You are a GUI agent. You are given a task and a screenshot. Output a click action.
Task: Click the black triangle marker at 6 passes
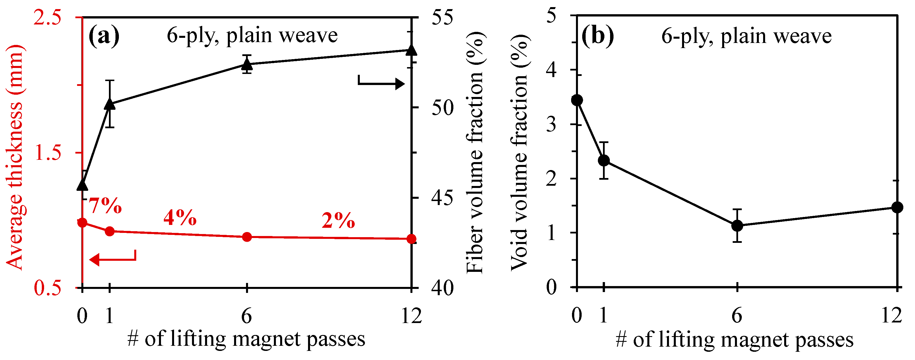247,65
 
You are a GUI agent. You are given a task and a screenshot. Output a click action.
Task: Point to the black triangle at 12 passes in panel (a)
411,50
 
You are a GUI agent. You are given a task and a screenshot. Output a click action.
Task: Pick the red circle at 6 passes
247,237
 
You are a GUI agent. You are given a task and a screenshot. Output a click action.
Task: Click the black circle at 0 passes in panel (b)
577,100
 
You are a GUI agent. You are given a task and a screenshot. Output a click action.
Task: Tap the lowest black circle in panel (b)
738,225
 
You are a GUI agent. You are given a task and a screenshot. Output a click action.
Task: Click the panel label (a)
104,36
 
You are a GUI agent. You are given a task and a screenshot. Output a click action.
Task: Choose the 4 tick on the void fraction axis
551,70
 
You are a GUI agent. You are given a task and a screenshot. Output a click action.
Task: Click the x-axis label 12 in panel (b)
892,315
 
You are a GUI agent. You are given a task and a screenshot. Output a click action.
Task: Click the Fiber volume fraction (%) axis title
474,153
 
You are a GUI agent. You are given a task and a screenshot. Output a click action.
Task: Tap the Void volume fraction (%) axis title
520,153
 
